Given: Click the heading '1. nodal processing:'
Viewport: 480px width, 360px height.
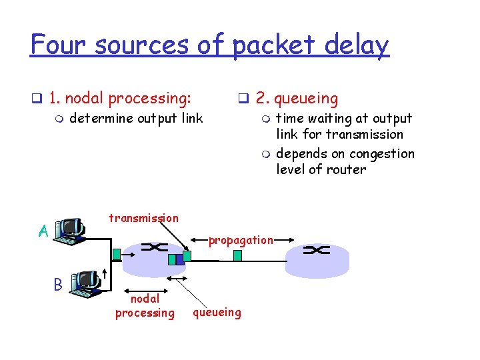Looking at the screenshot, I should [x=120, y=99].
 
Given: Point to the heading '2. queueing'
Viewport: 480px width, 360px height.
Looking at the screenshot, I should [x=297, y=99].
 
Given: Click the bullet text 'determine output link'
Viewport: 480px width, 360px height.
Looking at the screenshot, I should [x=136, y=119].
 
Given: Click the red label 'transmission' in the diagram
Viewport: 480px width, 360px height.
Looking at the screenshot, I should [x=143, y=218].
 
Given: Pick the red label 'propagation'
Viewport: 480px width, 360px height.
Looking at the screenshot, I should [x=241, y=240].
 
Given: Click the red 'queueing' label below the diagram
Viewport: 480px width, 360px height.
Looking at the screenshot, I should [x=217, y=312].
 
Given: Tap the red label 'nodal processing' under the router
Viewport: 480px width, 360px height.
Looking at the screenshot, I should [x=145, y=307].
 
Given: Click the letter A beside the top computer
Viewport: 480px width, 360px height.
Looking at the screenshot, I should [x=43, y=231].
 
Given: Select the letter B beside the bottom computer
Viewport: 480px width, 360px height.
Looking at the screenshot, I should [x=58, y=284].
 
